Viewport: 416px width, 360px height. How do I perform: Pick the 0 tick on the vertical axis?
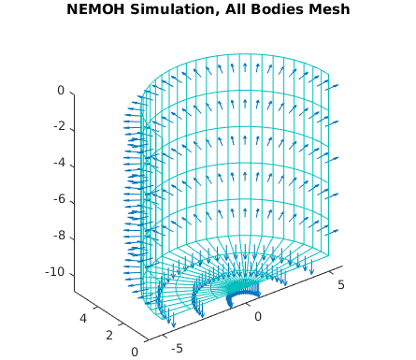[x=60, y=91]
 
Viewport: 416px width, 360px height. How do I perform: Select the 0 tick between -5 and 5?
[x=259, y=316]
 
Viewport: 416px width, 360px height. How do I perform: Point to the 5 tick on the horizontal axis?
[x=342, y=283]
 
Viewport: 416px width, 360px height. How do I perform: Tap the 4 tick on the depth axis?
[x=85, y=319]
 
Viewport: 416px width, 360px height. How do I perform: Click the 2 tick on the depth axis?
[x=109, y=335]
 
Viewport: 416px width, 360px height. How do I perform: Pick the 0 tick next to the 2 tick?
[x=135, y=351]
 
